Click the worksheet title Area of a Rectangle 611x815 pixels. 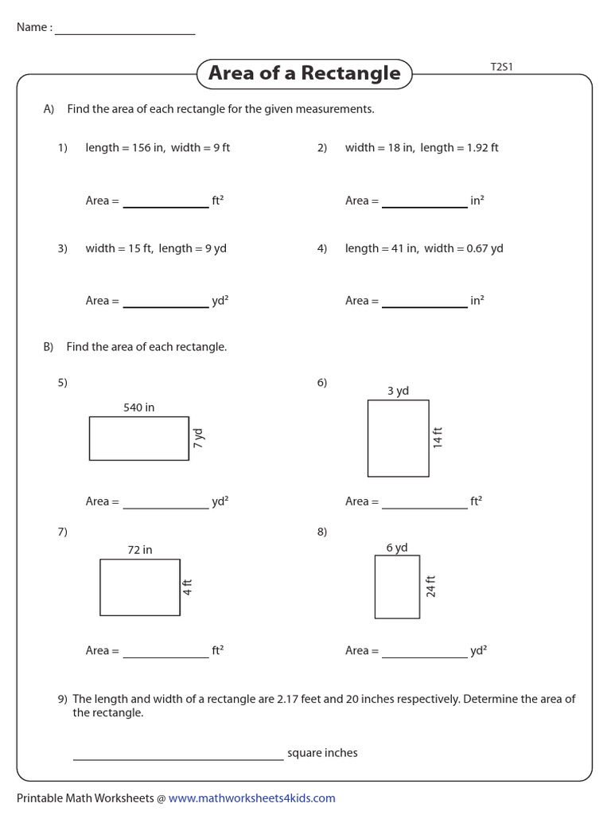tap(304, 73)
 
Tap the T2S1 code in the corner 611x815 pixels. tap(501, 67)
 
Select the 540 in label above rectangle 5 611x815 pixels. tap(138, 407)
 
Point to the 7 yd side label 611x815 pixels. tap(199, 438)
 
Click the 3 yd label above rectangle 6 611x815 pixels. tap(398, 391)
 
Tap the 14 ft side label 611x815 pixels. tap(438, 438)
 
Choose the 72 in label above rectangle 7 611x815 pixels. tap(140, 550)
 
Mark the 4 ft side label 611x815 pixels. tap(188, 587)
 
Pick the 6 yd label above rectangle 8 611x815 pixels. tap(397, 548)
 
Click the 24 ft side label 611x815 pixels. tap(430, 587)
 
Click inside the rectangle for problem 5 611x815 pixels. tap(138, 439)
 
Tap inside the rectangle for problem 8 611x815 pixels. tap(397, 587)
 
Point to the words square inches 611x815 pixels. tap(322, 753)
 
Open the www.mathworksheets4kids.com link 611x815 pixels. tap(251, 798)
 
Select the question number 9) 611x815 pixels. tap(63, 700)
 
